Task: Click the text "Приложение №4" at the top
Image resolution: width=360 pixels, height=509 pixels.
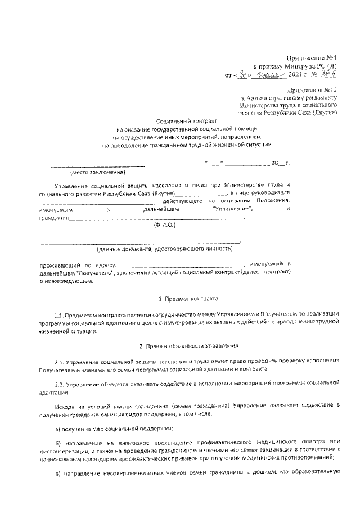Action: coord(310,58)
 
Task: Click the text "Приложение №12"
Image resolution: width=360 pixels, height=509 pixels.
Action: coord(312,90)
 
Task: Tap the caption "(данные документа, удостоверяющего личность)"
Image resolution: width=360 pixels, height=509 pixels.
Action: coord(164,248)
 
